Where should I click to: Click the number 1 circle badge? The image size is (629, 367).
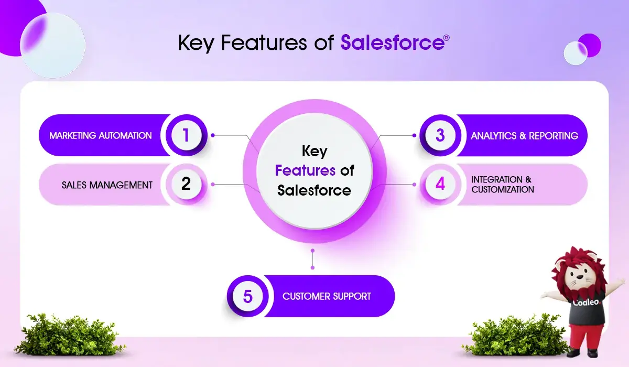186,135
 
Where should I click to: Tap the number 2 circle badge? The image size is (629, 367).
186,184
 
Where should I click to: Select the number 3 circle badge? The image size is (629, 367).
440,135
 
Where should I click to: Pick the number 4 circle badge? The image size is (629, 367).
440,184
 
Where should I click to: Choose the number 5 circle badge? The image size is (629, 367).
247,296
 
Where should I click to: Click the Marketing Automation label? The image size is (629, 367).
101,136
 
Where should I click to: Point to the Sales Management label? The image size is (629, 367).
107,185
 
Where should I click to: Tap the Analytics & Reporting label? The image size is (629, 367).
524,136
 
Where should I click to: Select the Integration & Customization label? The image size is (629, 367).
503,185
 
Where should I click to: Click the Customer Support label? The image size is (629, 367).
327,296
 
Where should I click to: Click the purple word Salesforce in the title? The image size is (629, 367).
393,42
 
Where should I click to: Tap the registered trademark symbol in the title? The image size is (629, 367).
447,38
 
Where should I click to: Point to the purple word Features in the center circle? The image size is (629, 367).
305,170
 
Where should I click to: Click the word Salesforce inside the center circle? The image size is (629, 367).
314,190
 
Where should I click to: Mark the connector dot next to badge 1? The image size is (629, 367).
213,135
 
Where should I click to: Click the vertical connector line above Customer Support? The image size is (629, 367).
312,259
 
